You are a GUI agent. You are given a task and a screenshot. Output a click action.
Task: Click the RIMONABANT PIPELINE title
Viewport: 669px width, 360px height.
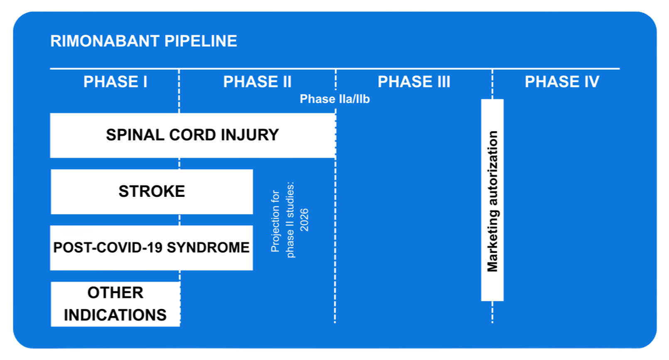143,41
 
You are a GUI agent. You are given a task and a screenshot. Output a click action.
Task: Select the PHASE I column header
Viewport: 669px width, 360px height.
115,82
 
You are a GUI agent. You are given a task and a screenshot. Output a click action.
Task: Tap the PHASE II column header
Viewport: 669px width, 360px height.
257,82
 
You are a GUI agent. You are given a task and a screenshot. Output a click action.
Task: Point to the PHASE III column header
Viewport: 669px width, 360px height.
414,82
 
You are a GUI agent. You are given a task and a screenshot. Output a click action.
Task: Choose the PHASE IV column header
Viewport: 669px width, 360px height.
562,82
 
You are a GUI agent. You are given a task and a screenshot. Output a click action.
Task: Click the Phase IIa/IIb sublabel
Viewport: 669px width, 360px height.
334,99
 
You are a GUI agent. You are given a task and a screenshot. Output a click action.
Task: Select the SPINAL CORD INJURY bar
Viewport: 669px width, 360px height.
192,135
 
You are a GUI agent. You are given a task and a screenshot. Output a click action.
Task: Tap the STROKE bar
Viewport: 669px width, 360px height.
152,191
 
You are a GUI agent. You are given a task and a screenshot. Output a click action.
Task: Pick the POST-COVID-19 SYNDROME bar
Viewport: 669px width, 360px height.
151,248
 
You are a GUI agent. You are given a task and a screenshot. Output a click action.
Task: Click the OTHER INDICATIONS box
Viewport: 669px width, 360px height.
115,304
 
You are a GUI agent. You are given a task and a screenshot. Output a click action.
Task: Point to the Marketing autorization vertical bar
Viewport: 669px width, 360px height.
492,200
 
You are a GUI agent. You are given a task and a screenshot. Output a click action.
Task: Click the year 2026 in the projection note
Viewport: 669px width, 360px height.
305,220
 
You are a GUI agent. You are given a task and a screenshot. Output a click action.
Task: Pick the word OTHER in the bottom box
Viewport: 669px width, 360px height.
115,293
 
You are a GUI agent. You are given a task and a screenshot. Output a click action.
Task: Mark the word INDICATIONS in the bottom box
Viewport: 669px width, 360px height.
115,315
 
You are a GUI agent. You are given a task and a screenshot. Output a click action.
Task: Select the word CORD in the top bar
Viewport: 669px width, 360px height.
192,135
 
